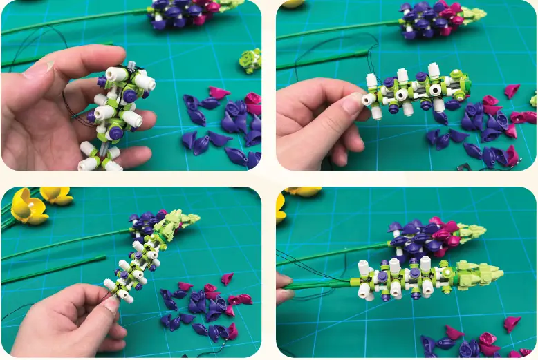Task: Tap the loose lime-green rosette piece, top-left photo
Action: tap(250, 61)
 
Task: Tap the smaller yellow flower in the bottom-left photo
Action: tap(57, 196)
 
